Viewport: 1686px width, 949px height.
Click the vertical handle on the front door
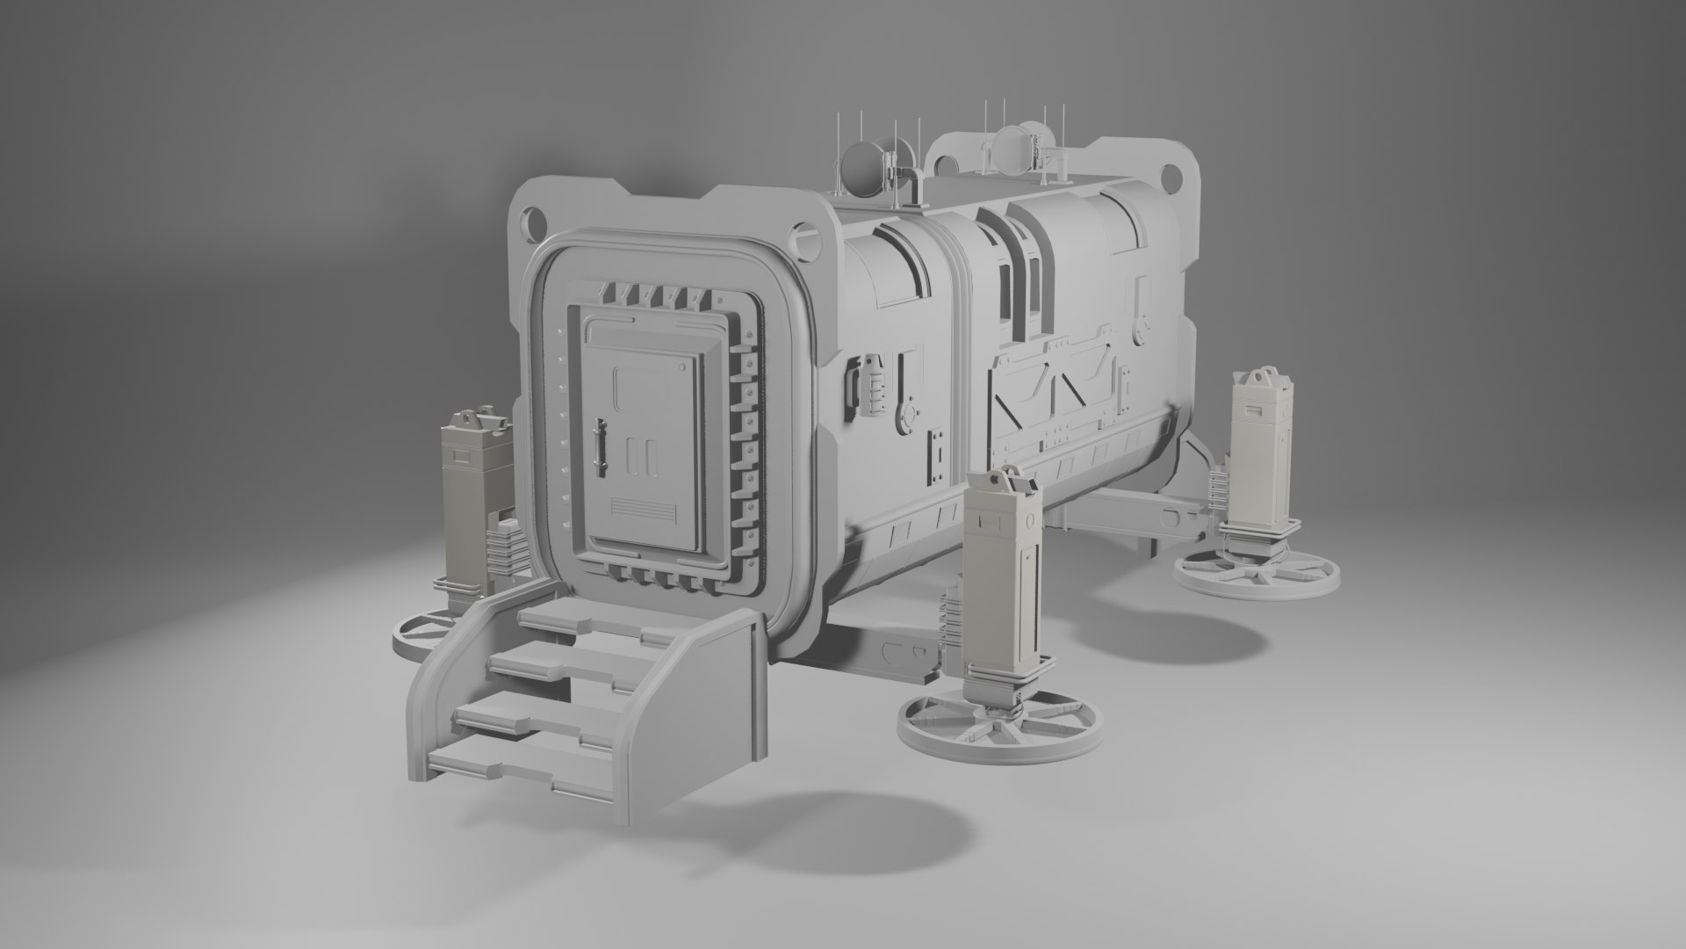click(x=601, y=443)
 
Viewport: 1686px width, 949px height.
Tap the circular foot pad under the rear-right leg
click(x=1257, y=576)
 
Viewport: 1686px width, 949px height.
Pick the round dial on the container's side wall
click(x=909, y=412)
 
